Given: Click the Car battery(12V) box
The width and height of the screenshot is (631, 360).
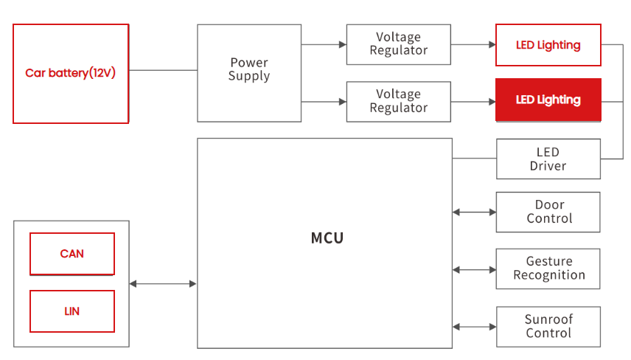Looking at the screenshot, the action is click(71, 74).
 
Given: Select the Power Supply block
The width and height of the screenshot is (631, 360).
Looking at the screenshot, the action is click(249, 73).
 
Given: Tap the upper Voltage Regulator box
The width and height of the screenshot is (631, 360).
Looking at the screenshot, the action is click(398, 44).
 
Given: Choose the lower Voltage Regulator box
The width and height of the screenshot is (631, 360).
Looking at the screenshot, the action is click(398, 102).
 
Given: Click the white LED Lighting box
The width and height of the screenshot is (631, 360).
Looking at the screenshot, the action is click(548, 45).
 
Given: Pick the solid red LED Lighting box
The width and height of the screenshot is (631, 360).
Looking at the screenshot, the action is click(548, 100).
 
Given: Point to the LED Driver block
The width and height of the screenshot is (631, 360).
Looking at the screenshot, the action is click(548, 159).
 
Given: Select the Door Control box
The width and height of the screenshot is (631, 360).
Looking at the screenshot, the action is click(548, 212).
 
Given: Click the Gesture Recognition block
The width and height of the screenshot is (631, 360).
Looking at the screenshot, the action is click(548, 269).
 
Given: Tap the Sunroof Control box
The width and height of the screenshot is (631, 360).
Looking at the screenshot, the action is click(548, 327).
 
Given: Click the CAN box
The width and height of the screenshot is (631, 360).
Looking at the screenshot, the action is click(72, 254).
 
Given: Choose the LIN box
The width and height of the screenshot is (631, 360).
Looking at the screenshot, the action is click(72, 311).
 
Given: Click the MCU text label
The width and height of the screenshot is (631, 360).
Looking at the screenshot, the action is click(327, 238).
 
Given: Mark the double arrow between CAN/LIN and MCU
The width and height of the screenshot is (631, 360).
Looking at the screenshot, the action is click(163, 284).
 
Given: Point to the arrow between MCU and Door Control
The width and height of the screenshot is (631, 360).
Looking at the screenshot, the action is click(475, 212).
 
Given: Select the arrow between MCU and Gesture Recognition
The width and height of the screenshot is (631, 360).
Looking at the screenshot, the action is click(475, 270).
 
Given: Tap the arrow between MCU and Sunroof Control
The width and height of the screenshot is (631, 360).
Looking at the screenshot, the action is click(475, 327).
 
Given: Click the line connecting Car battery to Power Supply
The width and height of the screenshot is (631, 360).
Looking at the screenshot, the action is click(163, 70).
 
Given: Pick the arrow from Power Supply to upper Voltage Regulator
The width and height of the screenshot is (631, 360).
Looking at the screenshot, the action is click(324, 44).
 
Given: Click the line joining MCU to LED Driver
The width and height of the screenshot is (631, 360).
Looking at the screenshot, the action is click(475, 159).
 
